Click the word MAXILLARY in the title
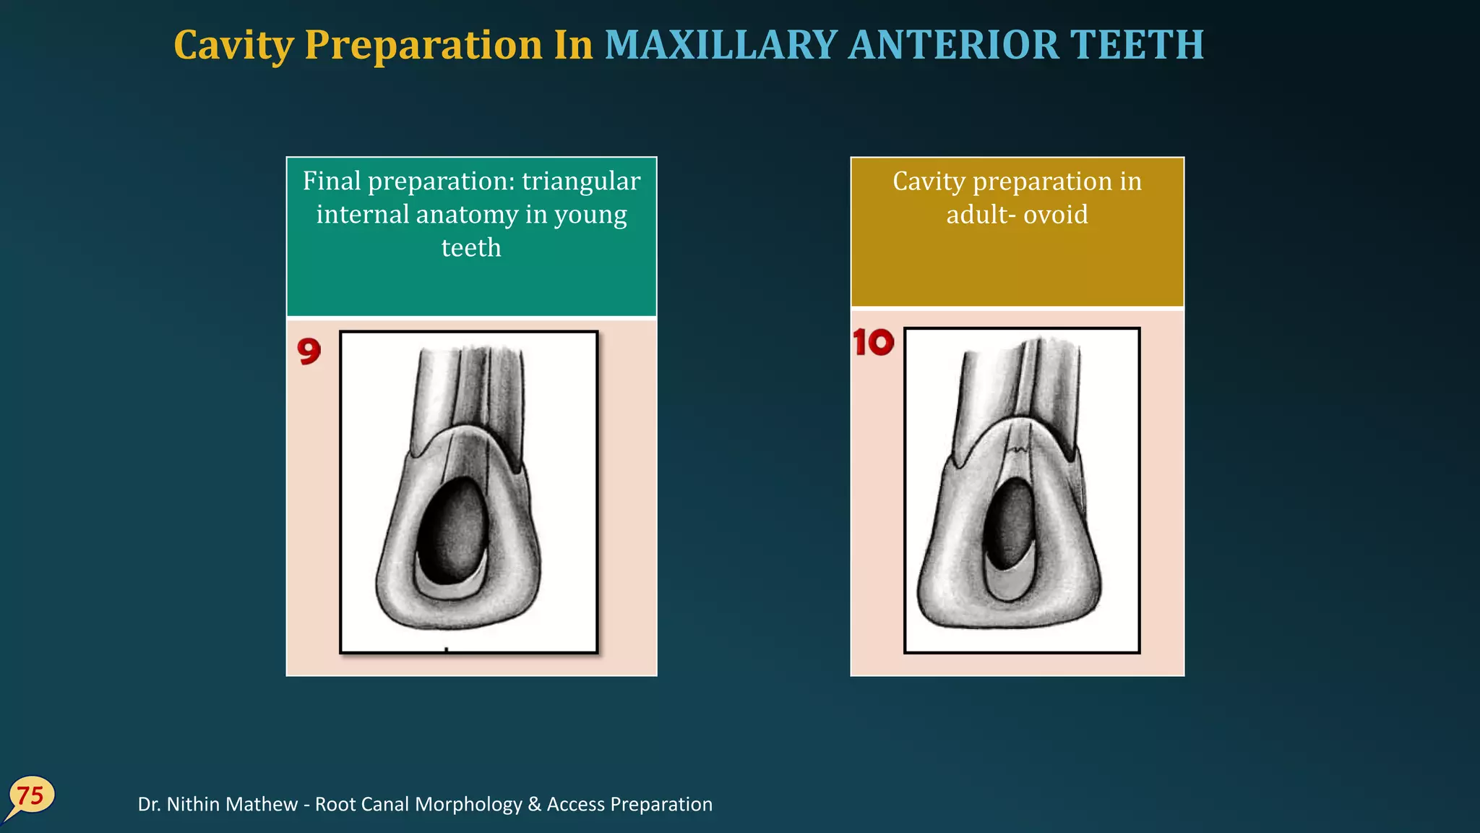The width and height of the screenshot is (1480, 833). coord(720,45)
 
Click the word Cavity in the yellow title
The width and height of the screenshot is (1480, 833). coord(233,45)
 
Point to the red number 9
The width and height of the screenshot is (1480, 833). coord(309,351)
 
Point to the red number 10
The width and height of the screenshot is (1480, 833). coord(873,343)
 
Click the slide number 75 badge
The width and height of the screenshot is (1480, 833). coord(30,796)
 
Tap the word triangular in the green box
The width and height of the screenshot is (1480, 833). coord(581,181)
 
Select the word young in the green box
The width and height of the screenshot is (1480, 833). coord(590,214)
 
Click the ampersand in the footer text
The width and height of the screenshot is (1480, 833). coord(534,804)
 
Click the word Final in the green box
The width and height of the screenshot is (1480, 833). coord(331,181)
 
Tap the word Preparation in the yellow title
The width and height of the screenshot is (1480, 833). coord(423,45)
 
